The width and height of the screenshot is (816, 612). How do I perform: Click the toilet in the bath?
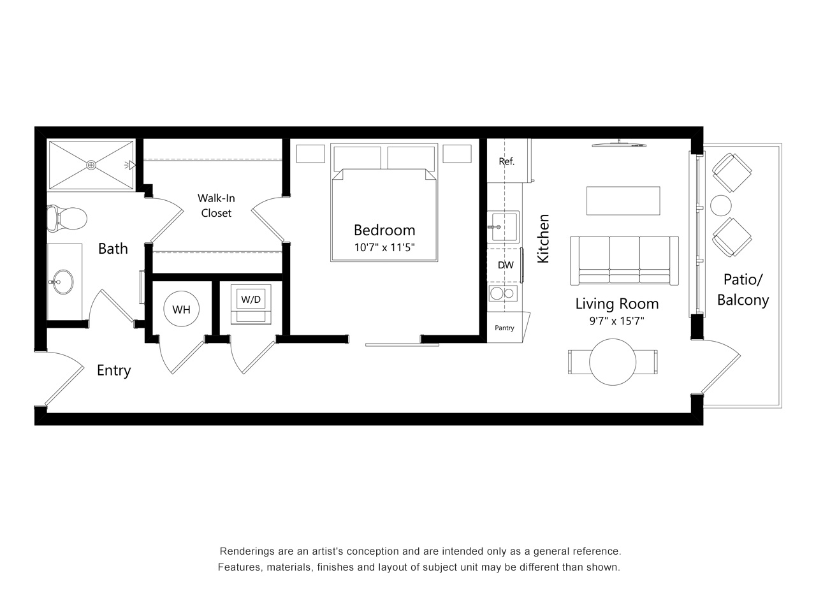[x=67, y=219]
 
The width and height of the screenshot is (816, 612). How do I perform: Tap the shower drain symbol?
[x=91, y=164]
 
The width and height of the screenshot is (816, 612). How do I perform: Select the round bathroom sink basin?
[x=62, y=282]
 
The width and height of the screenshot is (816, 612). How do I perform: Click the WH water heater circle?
[x=182, y=309]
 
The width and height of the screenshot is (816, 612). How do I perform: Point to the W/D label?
[x=251, y=300]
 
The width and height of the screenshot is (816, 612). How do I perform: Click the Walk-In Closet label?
[x=216, y=205]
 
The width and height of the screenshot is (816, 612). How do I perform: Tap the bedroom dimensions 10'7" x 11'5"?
[x=384, y=247]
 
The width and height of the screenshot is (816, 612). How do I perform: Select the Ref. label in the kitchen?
[x=506, y=161]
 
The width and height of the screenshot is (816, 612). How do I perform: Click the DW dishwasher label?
[x=506, y=265]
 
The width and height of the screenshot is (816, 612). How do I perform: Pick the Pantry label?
[x=504, y=328]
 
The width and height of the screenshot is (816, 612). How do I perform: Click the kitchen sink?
[x=503, y=227]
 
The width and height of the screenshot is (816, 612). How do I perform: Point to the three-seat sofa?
[x=625, y=261]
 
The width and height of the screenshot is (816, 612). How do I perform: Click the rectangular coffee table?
[x=623, y=201]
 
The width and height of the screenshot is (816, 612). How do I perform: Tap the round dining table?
[x=613, y=362]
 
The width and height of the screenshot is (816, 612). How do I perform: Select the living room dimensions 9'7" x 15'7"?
[x=616, y=321]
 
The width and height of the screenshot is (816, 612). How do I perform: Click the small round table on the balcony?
[x=721, y=205]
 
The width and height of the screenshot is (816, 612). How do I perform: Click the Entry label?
[x=113, y=370]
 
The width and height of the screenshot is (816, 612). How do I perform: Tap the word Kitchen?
[x=544, y=238]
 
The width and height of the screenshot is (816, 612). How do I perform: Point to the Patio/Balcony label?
[x=743, y=290]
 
